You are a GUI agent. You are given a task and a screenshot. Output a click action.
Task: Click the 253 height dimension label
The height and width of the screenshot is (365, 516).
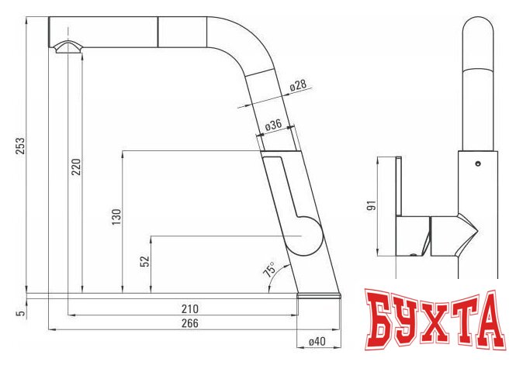[21, 146]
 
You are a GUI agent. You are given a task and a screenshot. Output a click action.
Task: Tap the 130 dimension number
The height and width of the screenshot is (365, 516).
[115, 217]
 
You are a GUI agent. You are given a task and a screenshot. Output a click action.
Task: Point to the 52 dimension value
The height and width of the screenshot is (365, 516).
[144, 262]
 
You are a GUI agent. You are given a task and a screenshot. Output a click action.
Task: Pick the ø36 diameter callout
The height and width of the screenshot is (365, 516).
[272, 125]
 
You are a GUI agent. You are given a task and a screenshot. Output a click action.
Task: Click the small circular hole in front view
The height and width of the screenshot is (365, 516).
[477, 164]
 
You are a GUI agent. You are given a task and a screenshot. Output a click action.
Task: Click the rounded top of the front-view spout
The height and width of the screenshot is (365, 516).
[477, 27]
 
